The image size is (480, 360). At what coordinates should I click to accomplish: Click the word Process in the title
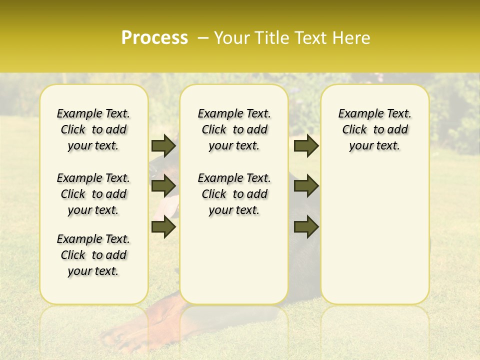coord(154,37)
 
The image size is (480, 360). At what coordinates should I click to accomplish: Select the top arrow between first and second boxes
coord(163,145)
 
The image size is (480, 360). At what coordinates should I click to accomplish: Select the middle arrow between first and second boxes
coord(163,186)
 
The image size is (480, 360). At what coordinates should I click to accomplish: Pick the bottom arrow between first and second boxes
coord(163,227)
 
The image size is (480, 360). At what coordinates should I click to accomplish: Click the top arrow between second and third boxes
coord(306,145)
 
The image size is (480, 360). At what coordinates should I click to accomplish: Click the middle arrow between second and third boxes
coord(306,186)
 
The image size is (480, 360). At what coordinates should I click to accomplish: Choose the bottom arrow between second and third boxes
coord(306,227)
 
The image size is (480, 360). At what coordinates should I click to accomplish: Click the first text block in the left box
coord(93,129)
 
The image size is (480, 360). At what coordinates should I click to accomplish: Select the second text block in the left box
coord(93,194)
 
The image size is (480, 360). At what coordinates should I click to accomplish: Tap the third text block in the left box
coord(93,255)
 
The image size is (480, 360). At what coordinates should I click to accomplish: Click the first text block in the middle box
coord(234,129)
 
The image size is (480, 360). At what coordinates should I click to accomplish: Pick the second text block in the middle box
coord(234,194)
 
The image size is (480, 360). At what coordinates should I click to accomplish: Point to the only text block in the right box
coord(374,129)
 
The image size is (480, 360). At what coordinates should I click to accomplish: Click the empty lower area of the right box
coord(374,240)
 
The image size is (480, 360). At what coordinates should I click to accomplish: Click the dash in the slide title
coord(203,38)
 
